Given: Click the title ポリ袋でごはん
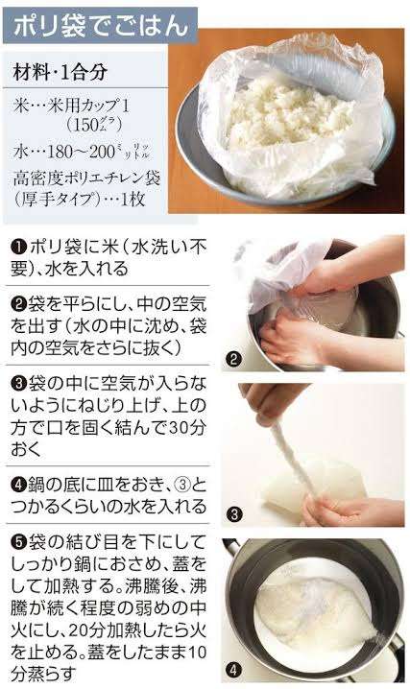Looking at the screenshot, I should (97, 25).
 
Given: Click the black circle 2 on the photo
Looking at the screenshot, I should (232, 361).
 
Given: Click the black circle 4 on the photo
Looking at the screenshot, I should (232, 668).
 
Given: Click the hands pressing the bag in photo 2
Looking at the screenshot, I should (298, 326).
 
